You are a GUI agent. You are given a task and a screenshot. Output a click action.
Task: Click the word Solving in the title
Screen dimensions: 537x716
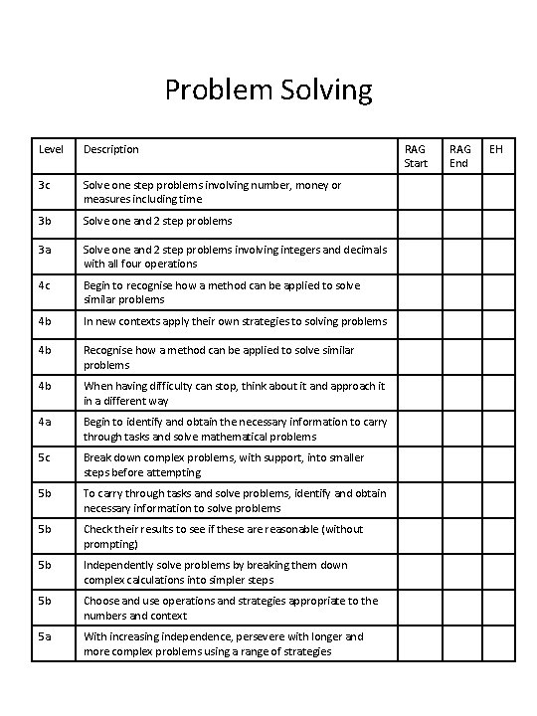coord(325,91)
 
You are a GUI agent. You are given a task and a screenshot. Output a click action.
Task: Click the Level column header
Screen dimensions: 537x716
coord(51,149)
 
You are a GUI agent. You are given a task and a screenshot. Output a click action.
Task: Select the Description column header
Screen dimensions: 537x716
coord(110,149)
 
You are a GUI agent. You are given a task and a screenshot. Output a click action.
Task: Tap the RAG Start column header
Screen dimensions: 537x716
coord(416,156)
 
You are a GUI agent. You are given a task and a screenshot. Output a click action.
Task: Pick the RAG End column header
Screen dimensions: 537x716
coord(459,156)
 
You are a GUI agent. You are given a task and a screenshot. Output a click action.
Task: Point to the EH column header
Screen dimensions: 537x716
coord(496,149)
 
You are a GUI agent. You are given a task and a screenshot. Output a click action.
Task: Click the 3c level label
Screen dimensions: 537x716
coord(45,185)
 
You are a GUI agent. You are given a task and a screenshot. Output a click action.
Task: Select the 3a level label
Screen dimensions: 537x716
coord(45,249)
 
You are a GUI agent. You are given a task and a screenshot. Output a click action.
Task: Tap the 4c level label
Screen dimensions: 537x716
coord(45,285)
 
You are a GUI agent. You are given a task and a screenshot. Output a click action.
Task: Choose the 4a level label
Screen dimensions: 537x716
coord(45,421)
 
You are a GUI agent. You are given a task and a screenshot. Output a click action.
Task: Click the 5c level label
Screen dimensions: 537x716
coord(45,457)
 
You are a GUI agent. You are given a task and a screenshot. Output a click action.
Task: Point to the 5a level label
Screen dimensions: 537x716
coord(45,636)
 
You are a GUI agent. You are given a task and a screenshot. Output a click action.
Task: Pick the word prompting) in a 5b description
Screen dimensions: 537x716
coord(111,544)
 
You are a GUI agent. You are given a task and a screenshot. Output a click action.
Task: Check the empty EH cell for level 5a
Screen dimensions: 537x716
coord(498,643)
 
